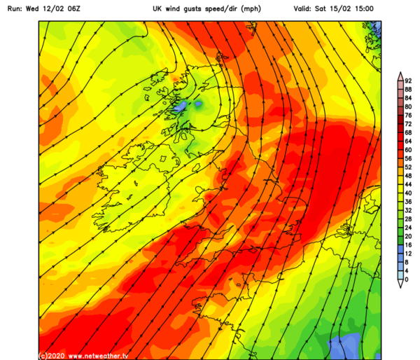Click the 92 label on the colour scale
[x=408, y=82]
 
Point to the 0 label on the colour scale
[x=407, y=279]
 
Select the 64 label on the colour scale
[x=408, y=141]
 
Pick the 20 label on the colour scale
[x=408, y=236]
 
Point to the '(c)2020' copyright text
[x=52, y=355]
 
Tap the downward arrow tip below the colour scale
[x=398, y=286]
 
